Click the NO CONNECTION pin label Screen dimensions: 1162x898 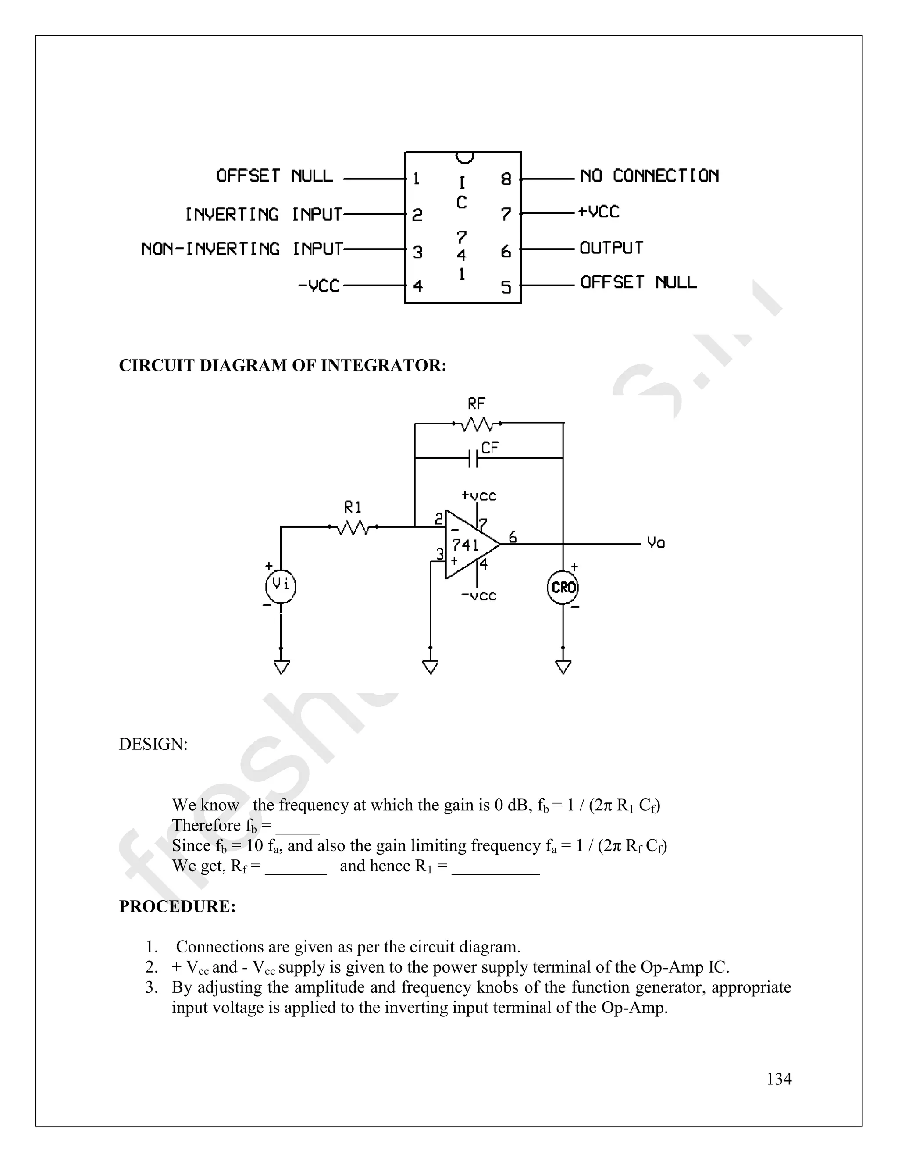[x=649, y=175]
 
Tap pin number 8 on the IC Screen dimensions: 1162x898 [x=506, y=179]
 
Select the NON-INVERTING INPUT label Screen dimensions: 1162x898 [x=242, y=249]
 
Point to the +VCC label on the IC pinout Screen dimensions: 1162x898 [x=599, y=212]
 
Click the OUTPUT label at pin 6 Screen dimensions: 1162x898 [x=611, y=248]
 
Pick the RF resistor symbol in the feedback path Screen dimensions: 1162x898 [x=477, y=424]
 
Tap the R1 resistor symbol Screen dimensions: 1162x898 [x=353, y=527]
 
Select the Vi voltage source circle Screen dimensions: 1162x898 [x=281, y=586]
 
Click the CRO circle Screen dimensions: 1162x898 [x=563, y=588]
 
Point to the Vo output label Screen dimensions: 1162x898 [x=656, y=543]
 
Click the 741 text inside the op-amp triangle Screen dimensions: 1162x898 [x=466, y=545]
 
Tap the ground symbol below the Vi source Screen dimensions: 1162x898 [x=281, y=667]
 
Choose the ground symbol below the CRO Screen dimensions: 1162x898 [x=563, y=667]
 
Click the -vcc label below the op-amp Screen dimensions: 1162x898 [x=478, y=596]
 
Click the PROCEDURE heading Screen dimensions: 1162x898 [x=177, y=906]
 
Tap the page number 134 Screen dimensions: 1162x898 [x=779, y=1079]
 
